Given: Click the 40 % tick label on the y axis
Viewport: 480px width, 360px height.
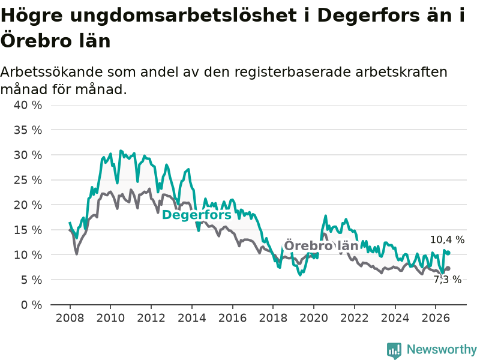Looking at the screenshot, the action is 28,106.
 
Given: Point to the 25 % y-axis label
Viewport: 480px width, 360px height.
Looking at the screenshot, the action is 28,180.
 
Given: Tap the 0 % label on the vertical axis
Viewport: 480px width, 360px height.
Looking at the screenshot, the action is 32,305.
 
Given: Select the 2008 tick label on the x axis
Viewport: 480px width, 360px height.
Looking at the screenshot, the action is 70,318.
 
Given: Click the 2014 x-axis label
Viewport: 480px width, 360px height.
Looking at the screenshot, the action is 192,318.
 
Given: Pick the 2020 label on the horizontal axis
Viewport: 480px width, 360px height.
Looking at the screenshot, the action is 314,318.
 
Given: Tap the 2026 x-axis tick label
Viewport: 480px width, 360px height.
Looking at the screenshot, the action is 436,318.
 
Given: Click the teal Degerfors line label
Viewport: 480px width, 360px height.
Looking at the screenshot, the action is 197,215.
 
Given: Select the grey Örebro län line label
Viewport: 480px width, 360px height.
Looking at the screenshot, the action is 321,245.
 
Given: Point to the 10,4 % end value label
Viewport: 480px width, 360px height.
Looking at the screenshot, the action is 447,239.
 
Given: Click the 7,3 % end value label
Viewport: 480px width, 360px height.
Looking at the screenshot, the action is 447,280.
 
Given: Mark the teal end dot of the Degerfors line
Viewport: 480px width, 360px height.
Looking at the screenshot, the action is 448,253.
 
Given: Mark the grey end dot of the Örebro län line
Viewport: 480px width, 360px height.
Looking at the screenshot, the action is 448,268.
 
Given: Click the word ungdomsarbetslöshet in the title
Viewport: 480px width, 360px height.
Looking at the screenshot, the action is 184,16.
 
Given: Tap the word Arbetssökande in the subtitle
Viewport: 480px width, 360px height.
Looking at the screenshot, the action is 52,72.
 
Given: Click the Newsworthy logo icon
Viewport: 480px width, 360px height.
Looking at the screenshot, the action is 394,350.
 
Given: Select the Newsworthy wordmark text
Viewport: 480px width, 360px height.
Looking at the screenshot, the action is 442,349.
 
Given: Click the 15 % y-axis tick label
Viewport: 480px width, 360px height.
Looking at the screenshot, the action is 28,230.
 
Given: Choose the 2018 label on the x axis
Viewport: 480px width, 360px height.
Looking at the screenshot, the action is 273,318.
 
